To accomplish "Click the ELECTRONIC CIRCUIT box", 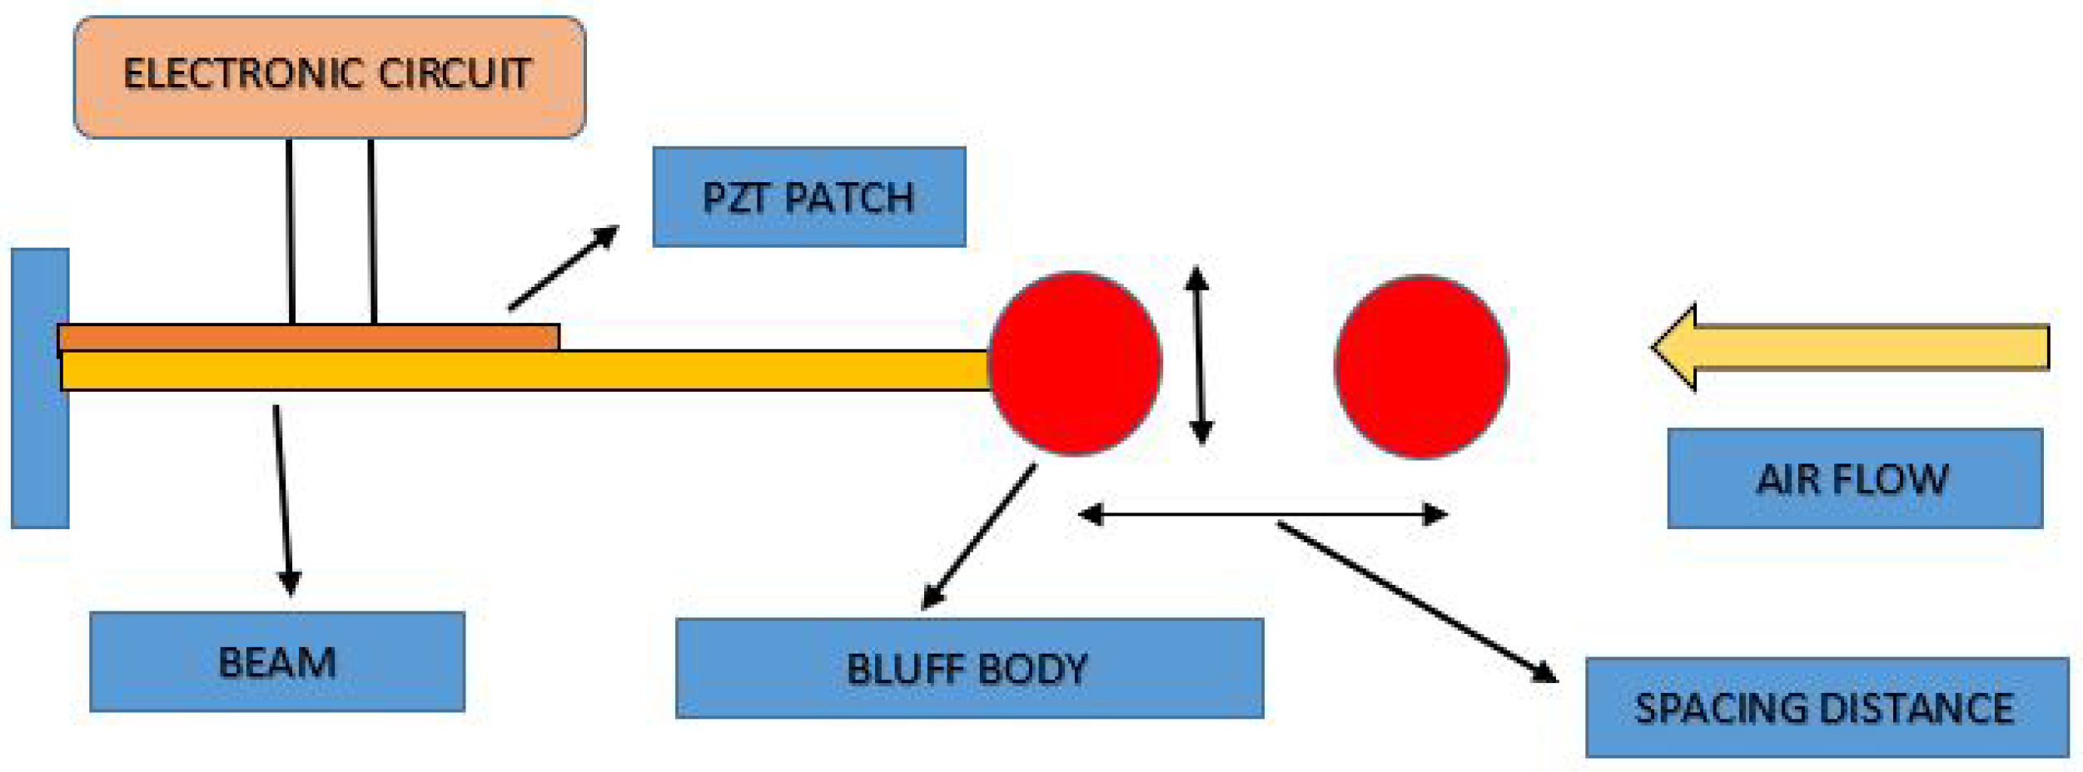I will [329, 76].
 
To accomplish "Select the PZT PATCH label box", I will [808, 197].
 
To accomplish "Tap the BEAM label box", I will [276, 661].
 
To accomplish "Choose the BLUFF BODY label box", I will [968, 668].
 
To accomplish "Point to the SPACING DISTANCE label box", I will [1826, 707].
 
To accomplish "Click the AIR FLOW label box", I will [1854, 478].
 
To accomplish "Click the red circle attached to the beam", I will [1074, 364].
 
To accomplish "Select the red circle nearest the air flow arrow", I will [1421, 366].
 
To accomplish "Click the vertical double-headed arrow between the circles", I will [1199, 355].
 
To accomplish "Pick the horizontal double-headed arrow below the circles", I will [1262, 515].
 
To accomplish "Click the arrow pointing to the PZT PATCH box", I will [564, 268].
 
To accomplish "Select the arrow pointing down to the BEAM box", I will [283, 499].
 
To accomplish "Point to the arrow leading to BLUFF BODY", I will [979, 537].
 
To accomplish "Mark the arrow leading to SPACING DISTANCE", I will [1415, 602].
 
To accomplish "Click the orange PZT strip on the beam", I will [308, 338].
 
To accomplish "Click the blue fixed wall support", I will [38, 388].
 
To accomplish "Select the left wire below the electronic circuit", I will [291, 231].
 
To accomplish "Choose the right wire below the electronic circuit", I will [372, 231].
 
